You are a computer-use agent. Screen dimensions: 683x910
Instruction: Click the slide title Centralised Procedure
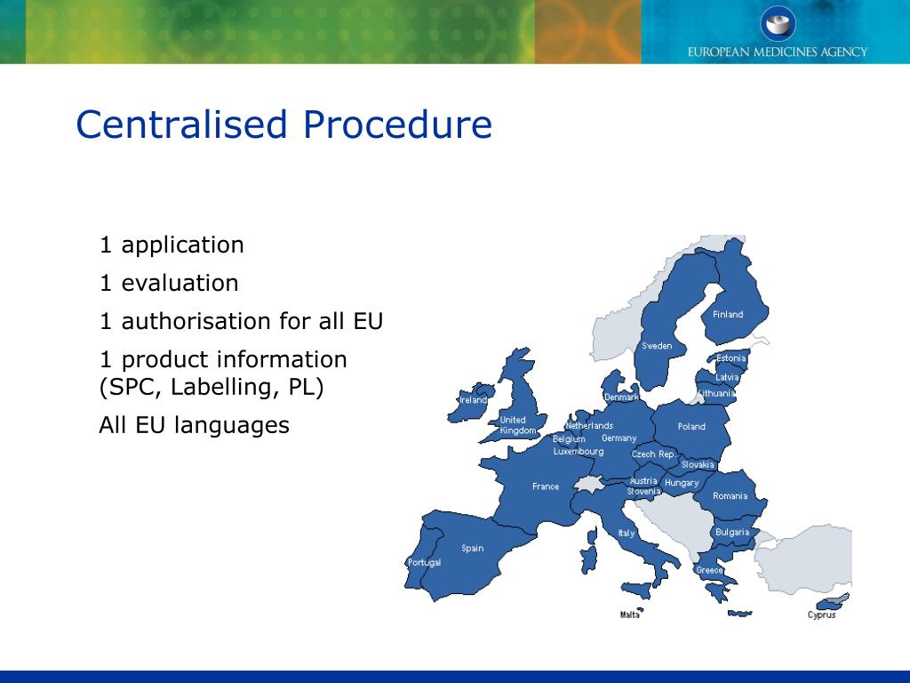[283, 125]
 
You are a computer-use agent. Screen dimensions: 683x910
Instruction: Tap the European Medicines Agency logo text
[777, 52]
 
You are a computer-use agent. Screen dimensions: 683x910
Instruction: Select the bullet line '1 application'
[172, 245]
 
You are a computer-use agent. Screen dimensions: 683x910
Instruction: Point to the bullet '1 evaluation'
[169, 284]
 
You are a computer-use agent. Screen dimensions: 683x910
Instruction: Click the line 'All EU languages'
[194, 425]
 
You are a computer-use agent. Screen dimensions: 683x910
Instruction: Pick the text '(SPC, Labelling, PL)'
[212, 388]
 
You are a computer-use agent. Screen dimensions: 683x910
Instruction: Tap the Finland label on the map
[728, 315]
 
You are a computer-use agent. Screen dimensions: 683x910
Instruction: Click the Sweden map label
[657, 346]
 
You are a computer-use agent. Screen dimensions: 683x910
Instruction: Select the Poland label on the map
[691, 427]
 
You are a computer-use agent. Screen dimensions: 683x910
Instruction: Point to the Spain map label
[473, 549]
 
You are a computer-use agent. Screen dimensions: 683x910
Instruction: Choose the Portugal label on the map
[424, 563]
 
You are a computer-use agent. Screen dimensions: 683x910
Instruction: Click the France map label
[546, 486]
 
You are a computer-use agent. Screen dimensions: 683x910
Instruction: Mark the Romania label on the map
[730, 496]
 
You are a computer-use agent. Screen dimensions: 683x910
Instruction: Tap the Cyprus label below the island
[821, 615]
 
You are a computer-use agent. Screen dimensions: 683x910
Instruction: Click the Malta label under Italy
[630, 615]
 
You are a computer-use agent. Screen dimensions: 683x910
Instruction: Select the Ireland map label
[473, 400]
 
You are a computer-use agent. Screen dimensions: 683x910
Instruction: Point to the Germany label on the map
[619, 438]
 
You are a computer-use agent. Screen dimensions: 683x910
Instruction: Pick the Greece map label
[709, 570]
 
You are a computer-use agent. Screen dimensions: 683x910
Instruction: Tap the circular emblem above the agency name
[778, 22]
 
